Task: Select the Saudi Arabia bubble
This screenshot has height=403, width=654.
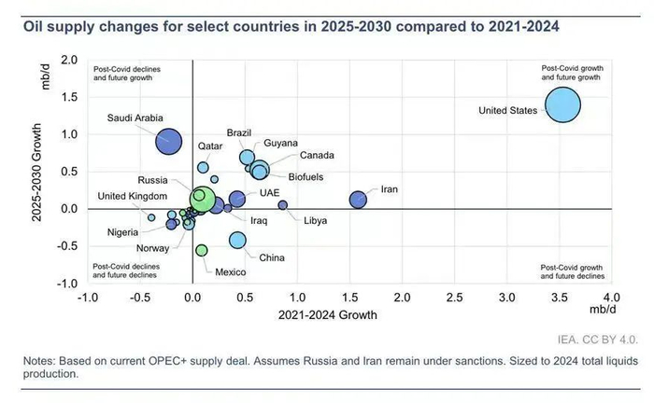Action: coord(168,142)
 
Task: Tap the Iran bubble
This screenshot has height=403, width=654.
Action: coord(358,199)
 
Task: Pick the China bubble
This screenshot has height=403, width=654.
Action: coord(237,241)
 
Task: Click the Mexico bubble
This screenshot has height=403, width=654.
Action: coord(202,250)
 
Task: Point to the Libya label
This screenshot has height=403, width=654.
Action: coord(315,220)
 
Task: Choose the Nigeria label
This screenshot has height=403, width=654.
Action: coord(124,231)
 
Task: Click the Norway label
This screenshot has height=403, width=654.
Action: coord(152,248)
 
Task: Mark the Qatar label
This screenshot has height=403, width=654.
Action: coord(210,147)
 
